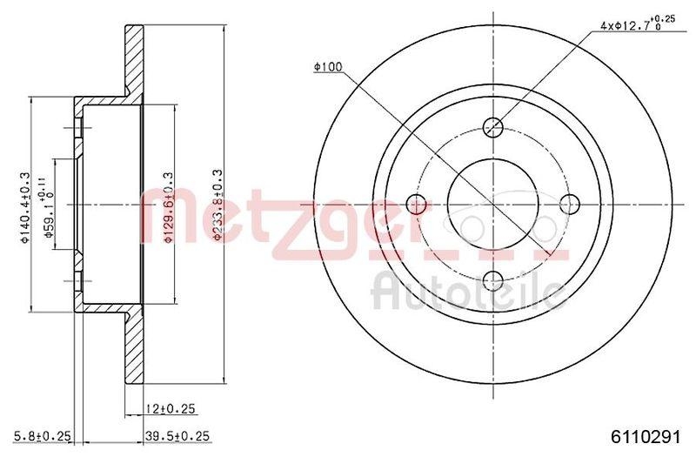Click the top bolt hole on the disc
pos(493,127)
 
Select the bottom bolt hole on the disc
pos(493,280)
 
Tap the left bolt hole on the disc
pos(417,205)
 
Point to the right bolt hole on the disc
pos(570,205)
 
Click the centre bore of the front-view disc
pos(493,205)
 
